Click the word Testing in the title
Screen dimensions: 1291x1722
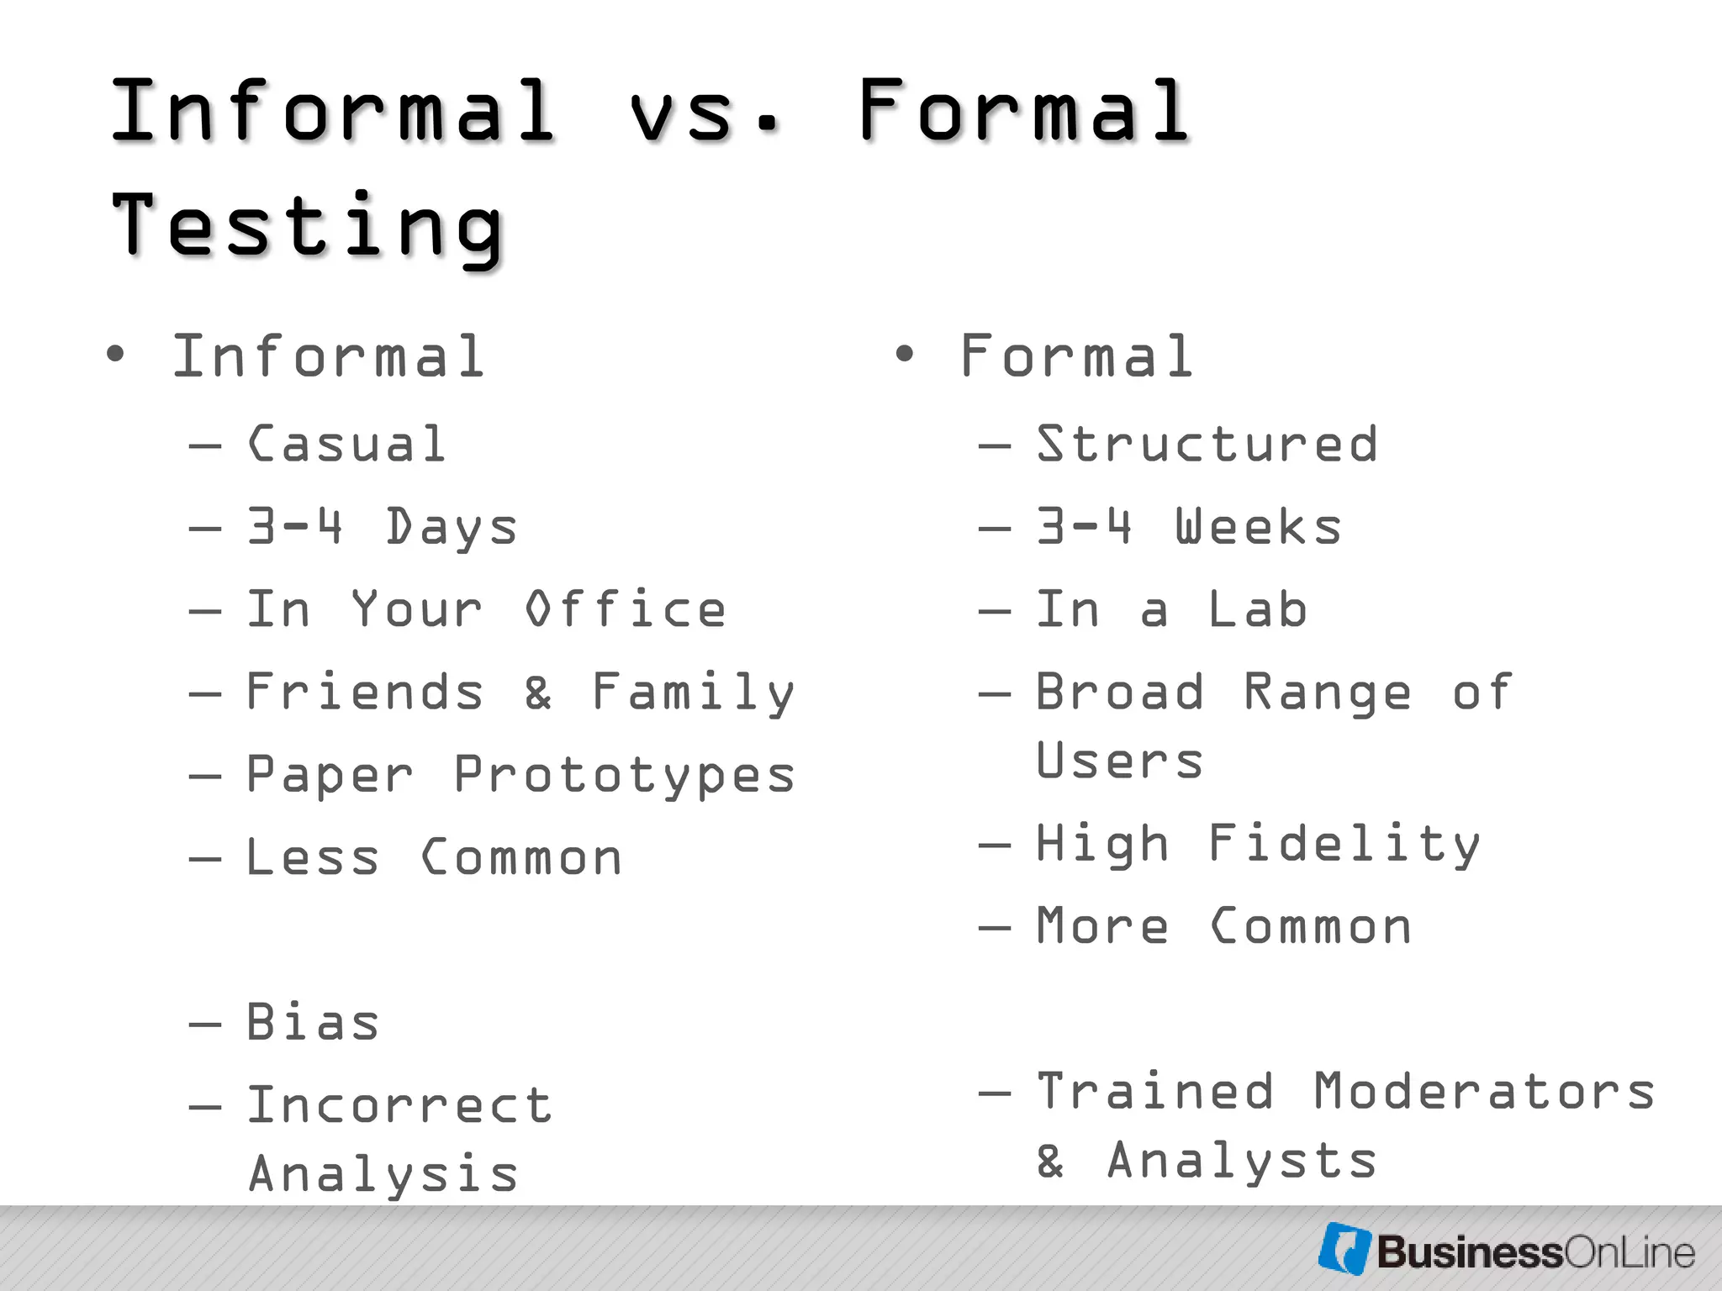point(307,224)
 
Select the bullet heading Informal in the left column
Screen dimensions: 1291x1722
point(328,356)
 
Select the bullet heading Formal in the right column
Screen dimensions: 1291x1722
point(1076,356)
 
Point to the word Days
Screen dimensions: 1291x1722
point(452,528)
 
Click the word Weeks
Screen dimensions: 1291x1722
point(1258,527)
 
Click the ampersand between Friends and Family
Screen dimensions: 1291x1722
point(538,693)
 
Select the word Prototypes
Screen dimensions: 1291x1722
point(625,775)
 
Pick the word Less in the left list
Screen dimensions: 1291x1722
point(312,858)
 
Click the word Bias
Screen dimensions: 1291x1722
point(312,1023)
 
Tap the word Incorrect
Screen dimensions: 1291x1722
point(399,1104)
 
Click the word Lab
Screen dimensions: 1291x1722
point(1258,609)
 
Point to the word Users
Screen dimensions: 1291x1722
point(1119,761)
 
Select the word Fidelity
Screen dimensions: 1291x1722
point(1344,843)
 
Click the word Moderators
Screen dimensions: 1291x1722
point(1484,1091)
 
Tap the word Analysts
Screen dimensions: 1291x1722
point(1242,1161)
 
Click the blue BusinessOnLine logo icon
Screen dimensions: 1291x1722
point(1344,1249)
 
